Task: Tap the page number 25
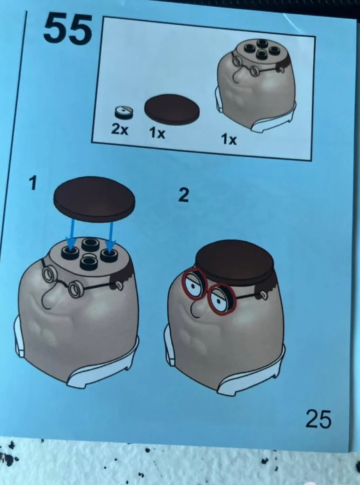(x=318, y=419)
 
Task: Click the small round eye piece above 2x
(x=124, y=112)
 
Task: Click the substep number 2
(x=183, y=195)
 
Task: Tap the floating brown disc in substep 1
(x=94, y=200)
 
